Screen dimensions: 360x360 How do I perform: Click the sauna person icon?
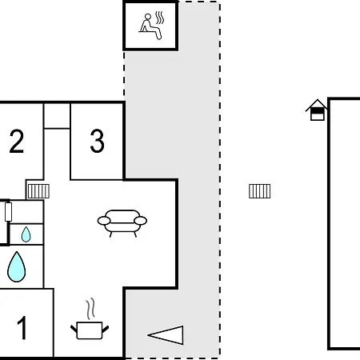pyautogui.click(x=150, y=26)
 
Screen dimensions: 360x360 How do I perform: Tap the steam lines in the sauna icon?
pyautogui.click(x=160, y=18)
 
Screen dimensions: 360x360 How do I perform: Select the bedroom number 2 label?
pyautogui.click(x=17, y=141)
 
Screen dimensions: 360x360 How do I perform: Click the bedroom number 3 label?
pyautogui.click(x=97, y=141)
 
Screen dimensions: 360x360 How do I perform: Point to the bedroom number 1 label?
pyautogui.click(x=22, y=327)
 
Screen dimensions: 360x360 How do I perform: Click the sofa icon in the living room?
pyautogui.click(x=122, y=223)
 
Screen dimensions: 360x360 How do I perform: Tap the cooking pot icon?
pyautogui.click(x=90, y=330)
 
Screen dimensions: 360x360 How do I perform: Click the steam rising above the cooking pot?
pyautogui.click(x=90, y=309)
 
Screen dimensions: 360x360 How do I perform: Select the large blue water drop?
pyautogui.click(x=17, y=266)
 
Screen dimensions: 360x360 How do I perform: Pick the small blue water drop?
pyautogui.click(x=26, y=234)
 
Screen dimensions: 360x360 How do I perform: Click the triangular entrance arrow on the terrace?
pyautogui.click(x=166, y=335)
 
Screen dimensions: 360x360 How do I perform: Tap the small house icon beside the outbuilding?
pyautogui.click(x=317, y=110)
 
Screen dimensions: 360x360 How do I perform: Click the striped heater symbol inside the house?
pyautogui.click(x=38, y=191)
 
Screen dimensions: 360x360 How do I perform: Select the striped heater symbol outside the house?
pyautogui.click(x=260, y=191)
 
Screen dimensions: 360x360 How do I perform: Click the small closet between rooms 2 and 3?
pyautogui.click(x=57, y=116)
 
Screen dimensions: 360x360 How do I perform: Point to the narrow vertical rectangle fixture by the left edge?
pyautogui.click(x=8, y=212)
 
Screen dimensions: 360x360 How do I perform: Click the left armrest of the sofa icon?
pyautogui.click(x=104, y=221)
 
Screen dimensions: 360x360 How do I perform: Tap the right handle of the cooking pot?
pyautogui.click(x=106, y=330)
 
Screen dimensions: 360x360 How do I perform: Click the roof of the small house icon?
pyautogui.click(x=317, y=106)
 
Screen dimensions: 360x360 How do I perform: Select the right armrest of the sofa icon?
pyautogui.click(x=141, y=221)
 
